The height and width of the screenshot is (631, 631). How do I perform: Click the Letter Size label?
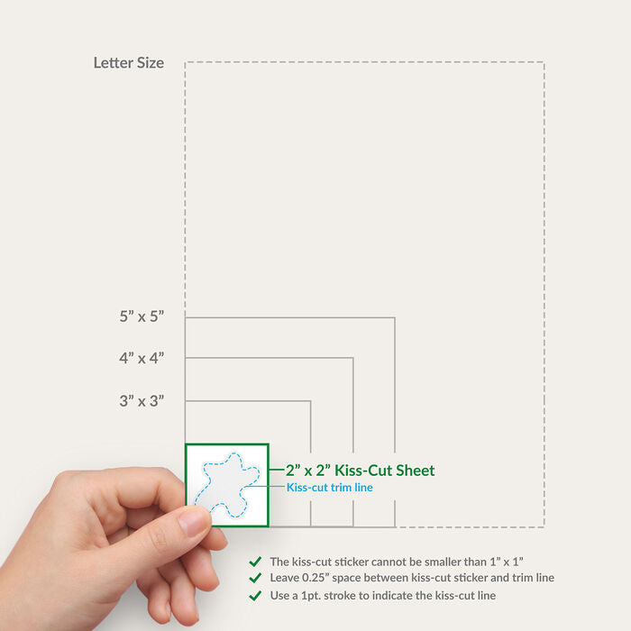click(129, 63)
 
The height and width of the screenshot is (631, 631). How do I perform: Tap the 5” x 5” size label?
click(142, 316)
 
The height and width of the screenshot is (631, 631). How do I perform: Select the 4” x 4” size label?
click(142, 358)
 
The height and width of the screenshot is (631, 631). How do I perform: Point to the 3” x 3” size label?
click(142, 401)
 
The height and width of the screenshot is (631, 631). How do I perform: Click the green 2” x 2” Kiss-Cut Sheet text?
click(361, 470)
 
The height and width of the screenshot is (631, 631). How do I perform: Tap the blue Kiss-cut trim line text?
click(330, 488)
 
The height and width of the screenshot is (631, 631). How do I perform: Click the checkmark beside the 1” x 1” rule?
click(255, 562)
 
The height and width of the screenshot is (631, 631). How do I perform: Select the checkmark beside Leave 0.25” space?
click(255, 578)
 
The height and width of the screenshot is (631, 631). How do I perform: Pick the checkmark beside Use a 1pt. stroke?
click(255, 596)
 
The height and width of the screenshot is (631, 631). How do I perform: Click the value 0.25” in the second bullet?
click(315, 578)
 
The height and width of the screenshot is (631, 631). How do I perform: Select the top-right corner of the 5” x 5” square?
click(395, 318)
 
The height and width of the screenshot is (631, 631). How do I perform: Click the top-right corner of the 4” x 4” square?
click(353, 358)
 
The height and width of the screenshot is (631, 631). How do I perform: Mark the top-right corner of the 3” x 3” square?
click(311, 401)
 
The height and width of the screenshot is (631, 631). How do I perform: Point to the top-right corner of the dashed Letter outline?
click(544, 62)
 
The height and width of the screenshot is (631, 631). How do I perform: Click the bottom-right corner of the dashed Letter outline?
click(544, 526)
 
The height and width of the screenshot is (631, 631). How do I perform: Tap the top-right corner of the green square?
click(268, 444)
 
